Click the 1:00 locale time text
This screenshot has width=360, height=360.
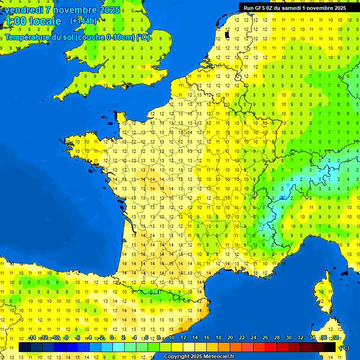32,21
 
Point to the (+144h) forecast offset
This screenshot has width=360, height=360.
83,21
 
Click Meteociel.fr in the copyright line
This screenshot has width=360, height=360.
219,357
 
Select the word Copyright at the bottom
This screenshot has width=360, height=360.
177,357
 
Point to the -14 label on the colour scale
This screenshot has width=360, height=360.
32,337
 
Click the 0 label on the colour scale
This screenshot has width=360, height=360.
112,337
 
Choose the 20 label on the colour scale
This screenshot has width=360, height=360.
230,337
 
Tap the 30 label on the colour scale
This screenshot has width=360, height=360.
288,337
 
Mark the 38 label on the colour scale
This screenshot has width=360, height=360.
335,337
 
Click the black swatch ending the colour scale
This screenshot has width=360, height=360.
330,347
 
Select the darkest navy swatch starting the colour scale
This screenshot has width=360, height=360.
25,347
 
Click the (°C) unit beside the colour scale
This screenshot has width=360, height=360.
344,347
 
